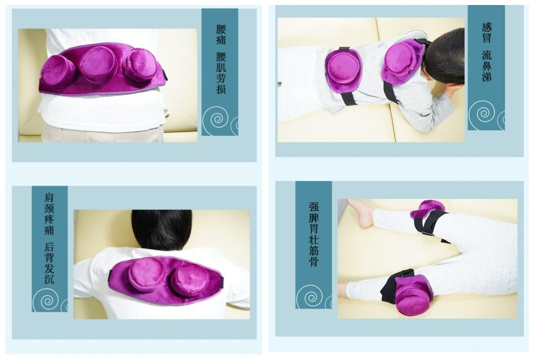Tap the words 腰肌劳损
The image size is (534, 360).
click(x=221, y=73)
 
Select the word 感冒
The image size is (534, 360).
click(x=486, y=33)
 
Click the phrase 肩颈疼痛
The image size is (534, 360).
click(x=50, y=214)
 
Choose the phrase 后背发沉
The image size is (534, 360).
click(x=50, y=263)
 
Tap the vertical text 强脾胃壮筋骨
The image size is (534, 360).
click(x=314, y=234)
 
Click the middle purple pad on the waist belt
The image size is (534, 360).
click(x=99, y=64)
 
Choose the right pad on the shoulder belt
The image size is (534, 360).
click(x=185, y=279)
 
